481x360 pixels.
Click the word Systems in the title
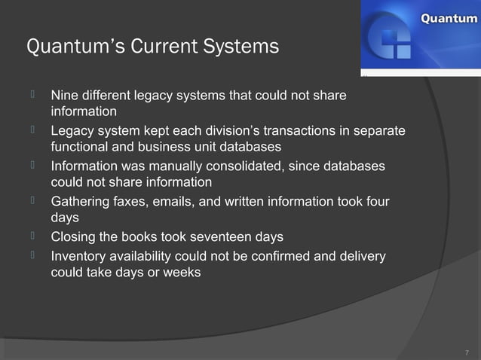tap(240, 47)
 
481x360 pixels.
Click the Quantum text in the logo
tap(448, 18)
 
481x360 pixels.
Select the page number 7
tap(467, 352)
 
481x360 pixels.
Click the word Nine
tap(64, 96)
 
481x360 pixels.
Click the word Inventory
tap(79, 256)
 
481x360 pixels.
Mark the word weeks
tap(182, 273)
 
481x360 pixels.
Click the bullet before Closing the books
tap(33, 236)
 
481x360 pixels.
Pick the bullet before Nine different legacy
tap(33, 95)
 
